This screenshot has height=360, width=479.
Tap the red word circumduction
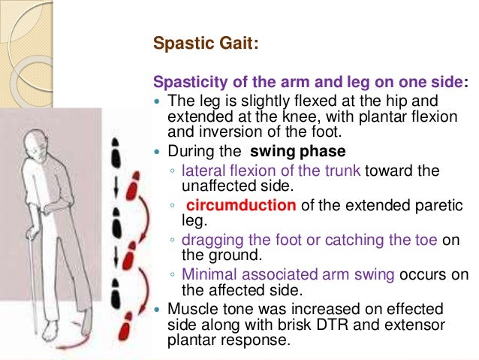pyautogui.click(x=233, y=204)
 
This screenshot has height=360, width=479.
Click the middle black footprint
pyautogui.click(x=115, y=225)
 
